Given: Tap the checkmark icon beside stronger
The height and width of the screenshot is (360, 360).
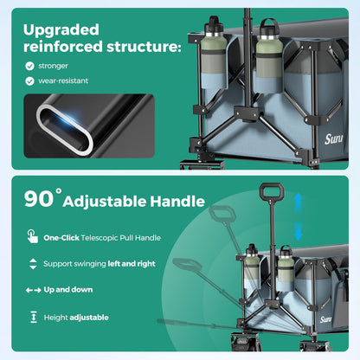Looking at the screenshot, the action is click(29, 66).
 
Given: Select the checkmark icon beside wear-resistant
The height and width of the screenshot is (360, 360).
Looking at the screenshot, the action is click(29, 81).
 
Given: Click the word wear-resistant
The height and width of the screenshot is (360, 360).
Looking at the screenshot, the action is click(63, 80).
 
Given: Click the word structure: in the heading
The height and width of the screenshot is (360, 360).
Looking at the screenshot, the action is click(144, 47).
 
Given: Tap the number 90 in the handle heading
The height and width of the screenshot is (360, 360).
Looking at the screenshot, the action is click(39, 199).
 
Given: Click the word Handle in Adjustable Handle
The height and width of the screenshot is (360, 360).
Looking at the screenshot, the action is click(177, 201).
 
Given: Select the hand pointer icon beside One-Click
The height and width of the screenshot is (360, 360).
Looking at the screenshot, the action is click(33, 236).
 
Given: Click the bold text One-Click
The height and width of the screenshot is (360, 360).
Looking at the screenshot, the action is click(61, 238).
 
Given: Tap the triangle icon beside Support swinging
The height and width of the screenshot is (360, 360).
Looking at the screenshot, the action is click(33, 264).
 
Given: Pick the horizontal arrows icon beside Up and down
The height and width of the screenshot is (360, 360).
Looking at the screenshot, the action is click(33, 290).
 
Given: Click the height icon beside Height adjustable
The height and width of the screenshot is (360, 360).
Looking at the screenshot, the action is click(34, 317).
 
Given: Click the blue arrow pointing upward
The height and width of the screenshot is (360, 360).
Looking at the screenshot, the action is click(299, 202).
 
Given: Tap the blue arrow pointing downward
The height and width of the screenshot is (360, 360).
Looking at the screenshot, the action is click(299, 231).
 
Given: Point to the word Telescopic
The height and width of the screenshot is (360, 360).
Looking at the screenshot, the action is click(100, 238).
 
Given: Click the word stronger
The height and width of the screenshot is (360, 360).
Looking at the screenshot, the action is click(53, 66).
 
